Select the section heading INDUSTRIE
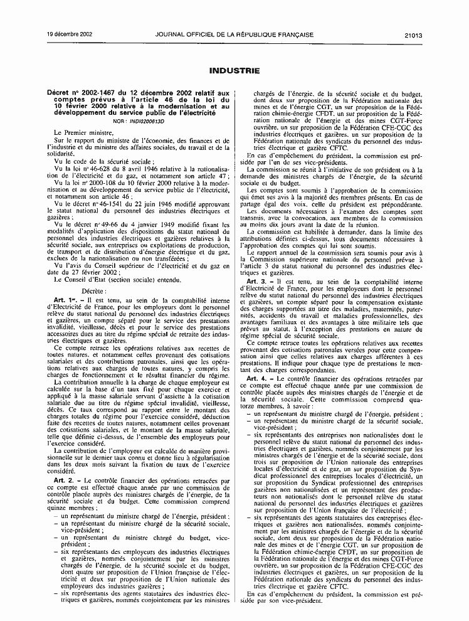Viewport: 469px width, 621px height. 234,72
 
